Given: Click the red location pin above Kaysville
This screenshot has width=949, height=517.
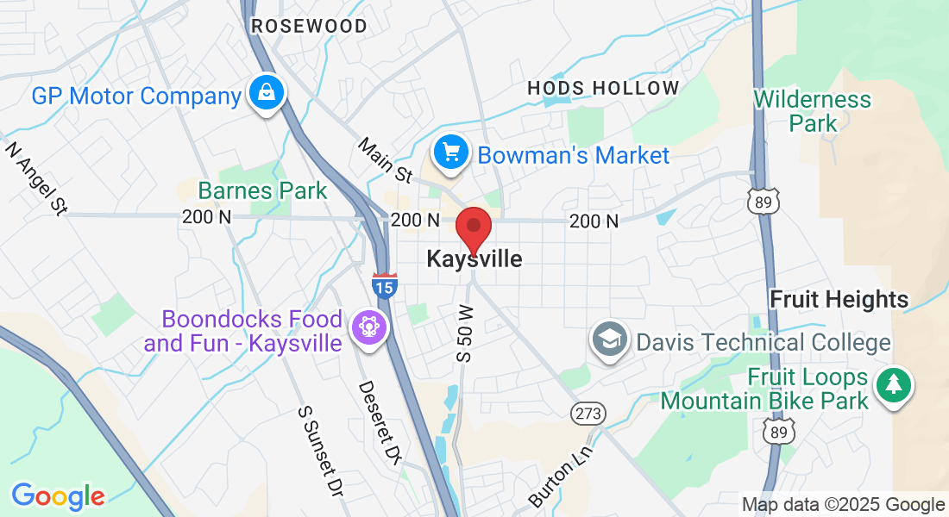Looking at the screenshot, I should [x=473, y=227].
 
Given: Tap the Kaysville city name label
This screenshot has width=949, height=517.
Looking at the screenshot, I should [x=474, y=258].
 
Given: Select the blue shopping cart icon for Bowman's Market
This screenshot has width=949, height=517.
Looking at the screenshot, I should [x=451, y=153].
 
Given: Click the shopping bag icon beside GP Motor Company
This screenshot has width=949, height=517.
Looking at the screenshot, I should [x=267, y=93].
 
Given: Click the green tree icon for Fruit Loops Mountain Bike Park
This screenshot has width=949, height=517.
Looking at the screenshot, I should [x=894, y=385].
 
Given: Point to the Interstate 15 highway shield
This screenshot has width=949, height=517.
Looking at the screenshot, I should [x=385, y=285].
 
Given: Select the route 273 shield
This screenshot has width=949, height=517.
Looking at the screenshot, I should [x=588, y=414].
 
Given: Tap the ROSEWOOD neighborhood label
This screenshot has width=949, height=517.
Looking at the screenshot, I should [x=309, y=27].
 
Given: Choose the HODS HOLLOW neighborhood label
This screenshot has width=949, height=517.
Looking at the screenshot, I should [x=603, y=88].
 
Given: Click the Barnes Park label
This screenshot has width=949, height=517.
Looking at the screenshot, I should [x=262, y=190].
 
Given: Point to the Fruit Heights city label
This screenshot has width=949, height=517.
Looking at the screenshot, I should [x=839, y=300].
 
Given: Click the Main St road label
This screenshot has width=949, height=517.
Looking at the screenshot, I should [x=385, y=160].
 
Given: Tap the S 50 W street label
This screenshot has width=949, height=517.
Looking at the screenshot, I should [x=466, y=333].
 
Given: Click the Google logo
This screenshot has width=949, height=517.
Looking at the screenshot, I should [x=58, y=496].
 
